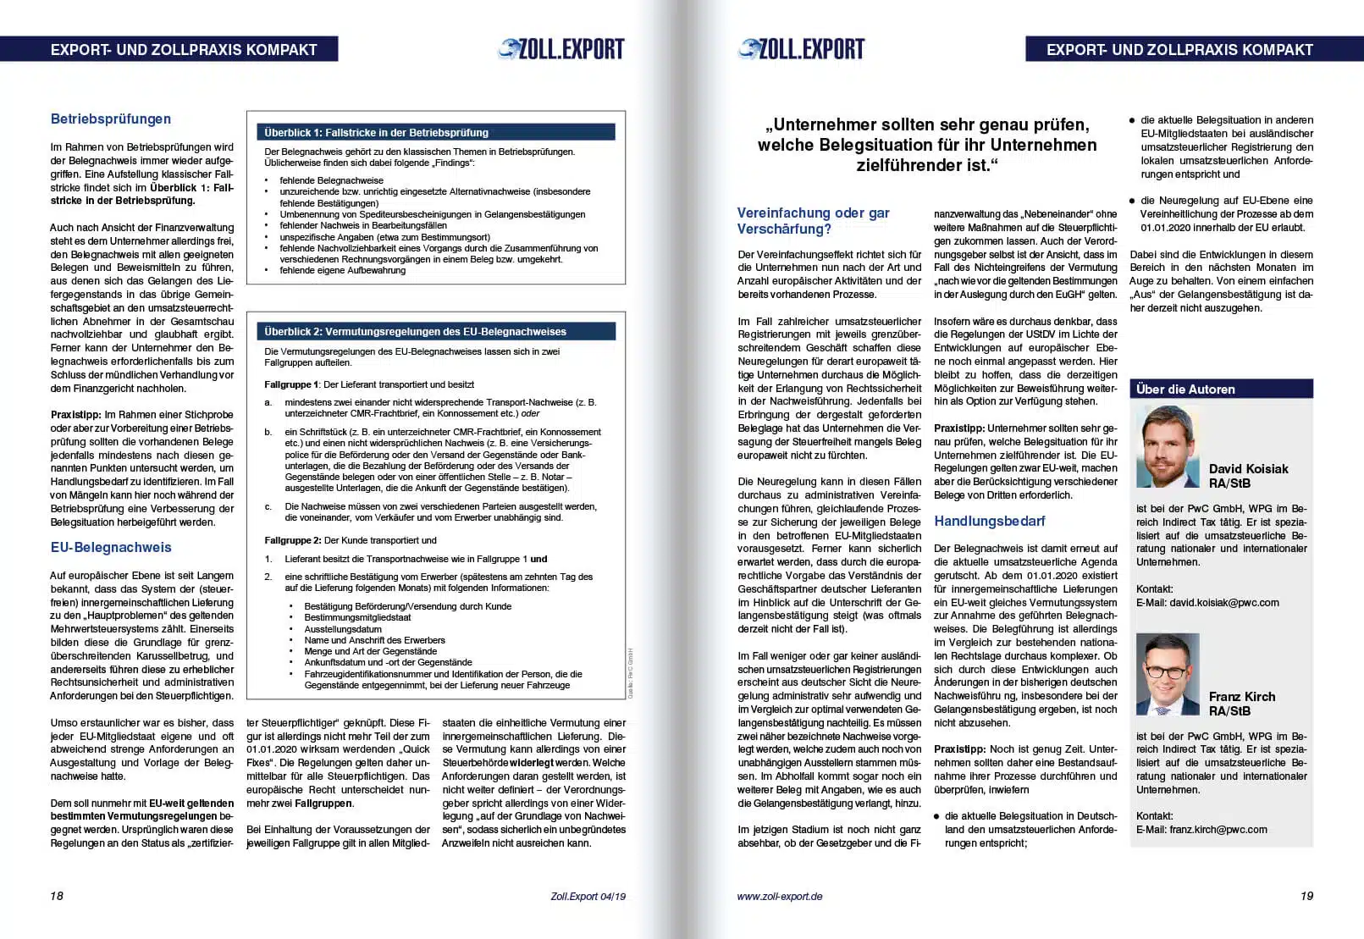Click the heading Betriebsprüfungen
[111, 119]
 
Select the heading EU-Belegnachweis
[111, 548]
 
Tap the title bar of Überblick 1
[436, 132]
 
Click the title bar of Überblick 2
[436, 331]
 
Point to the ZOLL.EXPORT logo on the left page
[561, 50]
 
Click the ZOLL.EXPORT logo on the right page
[801, 50]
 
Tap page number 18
[57, 896]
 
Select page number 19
[1306, 896]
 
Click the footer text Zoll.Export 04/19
[588, 896]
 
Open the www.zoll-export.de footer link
[780, 896]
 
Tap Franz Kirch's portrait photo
[1168, 675]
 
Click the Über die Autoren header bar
[1221, 389]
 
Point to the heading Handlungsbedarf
[989, 522]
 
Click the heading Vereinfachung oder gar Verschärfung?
[813, 221]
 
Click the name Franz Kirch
[1241, 697]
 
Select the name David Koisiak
[1248, 469]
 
